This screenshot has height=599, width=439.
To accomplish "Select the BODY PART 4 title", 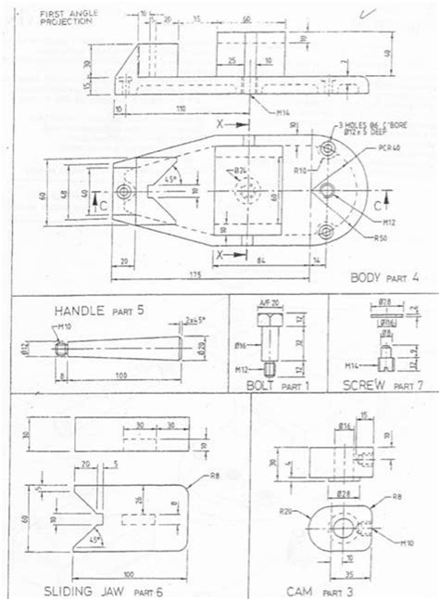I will click(x=383, y=277).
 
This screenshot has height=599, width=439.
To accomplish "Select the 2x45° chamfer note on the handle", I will click(x=195, y=320).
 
